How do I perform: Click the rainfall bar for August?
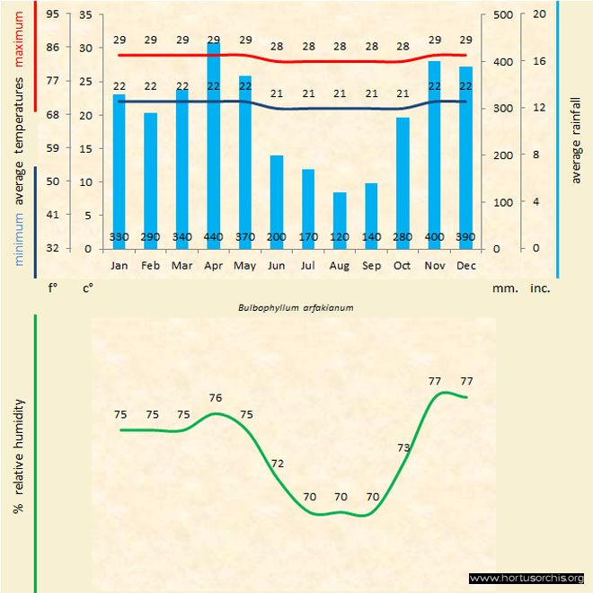[340, 220]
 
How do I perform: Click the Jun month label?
[277, 266]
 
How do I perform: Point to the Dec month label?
[465, 266]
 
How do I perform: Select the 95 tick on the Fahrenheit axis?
[54, 14]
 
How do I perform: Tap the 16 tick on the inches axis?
[539, 61]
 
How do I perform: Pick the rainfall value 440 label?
[214, 237]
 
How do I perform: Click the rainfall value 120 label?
[340, 237]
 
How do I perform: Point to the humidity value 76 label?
[216, 398]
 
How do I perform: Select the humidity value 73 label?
[403, 447]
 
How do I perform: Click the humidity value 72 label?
[278, 464]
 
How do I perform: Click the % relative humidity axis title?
[18, 456]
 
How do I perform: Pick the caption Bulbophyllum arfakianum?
[296, 307]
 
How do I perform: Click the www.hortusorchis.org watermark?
[527, 578]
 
